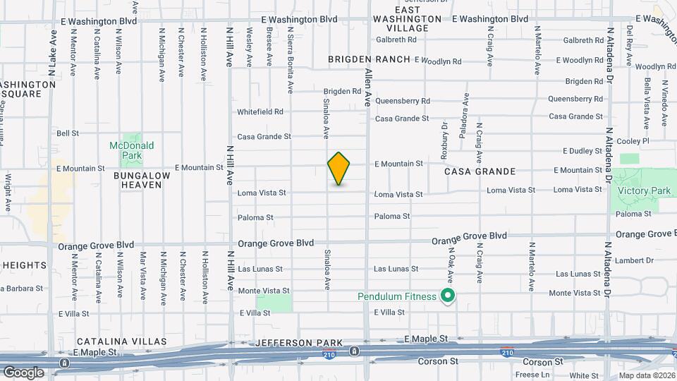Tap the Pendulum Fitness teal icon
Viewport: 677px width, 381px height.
446,296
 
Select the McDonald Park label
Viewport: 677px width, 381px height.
131,150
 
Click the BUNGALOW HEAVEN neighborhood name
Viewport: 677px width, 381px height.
141,180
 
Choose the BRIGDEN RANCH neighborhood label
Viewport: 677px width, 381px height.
369,59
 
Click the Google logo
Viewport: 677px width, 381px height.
23,373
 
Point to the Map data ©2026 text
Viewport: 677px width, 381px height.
646,375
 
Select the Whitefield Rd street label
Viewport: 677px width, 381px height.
260,111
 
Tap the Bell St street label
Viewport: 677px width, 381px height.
67,133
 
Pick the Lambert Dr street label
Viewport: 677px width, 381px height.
630,260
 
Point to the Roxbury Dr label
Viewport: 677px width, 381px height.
444,136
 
